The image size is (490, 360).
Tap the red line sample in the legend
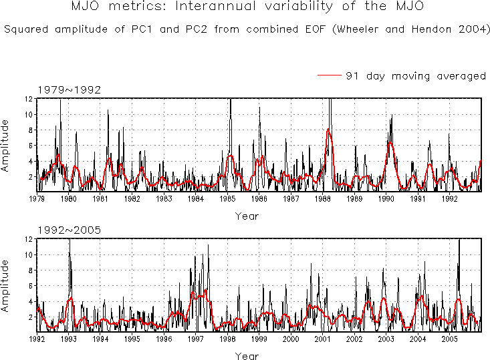coord(330,76)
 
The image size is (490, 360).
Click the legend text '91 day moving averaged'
coord(415,76)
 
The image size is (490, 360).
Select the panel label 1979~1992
coord(69,90)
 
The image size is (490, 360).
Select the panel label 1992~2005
coord(69,230)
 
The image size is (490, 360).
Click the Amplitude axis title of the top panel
coord(6,145)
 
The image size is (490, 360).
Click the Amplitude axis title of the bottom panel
coord(6,285)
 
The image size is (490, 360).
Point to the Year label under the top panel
coord(246,216)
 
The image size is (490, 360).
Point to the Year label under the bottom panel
coord(246,356)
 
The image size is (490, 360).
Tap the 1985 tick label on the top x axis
coord(227,198)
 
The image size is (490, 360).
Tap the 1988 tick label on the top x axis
coord(323,198)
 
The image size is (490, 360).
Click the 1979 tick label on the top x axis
coord(37,198)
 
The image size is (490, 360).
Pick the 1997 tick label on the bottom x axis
coord(195,339)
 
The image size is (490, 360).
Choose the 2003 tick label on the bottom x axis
coord(386,339)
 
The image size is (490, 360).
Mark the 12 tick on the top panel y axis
coord(29,99)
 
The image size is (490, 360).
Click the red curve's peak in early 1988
coord(328,130)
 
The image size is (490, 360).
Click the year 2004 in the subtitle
coord(471,30)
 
